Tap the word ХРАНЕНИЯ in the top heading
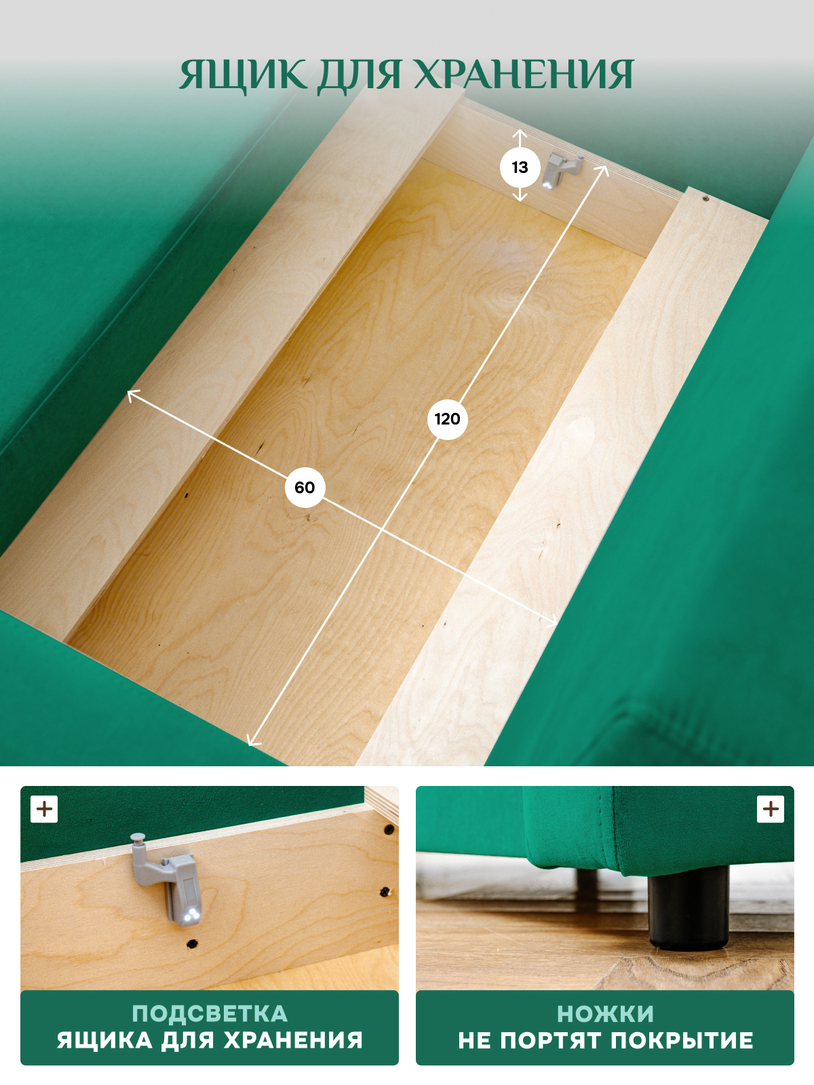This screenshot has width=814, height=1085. (x=524, y=75)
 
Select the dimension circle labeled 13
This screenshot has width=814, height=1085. (x=520, y=167)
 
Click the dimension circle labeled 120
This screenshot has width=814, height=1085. (x=447, y=419)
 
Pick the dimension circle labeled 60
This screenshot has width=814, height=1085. (x=305, y=488)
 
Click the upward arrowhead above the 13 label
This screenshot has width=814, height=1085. (x=520, y=134)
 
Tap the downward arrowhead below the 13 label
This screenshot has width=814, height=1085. (x=520, y=197)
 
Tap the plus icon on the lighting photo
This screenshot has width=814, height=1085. (x=44, y=809)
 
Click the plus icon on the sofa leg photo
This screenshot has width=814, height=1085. (x=771, y=809)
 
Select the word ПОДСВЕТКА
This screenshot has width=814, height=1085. (x=210, y=1014)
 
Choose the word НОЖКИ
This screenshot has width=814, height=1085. (x=605, y=1014)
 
